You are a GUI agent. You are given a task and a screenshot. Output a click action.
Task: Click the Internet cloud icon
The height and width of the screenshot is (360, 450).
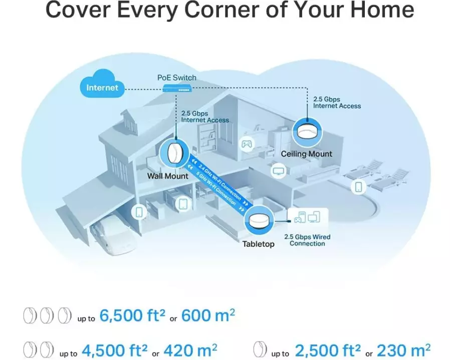click(x=102, y=84)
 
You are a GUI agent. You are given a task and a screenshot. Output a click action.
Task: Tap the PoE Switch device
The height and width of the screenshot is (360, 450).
click(x=177, y=89)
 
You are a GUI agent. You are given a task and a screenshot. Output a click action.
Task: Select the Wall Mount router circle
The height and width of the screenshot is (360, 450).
click(x=174, y=153)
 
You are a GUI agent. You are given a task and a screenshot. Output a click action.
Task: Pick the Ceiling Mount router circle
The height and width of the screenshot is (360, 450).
click(x=307, y=132)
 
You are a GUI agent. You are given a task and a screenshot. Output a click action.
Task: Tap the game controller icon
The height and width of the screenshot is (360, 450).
click(x=247, y=143)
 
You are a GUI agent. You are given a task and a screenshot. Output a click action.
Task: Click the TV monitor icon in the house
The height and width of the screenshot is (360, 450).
click(x=279, y=171)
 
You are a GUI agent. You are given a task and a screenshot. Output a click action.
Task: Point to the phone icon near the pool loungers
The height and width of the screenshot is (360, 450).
click(x=358, y=187)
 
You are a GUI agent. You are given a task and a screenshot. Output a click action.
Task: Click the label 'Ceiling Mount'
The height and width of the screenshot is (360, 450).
click(x=307, y=154)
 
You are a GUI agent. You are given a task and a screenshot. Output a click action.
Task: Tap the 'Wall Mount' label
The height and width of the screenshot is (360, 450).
click(x=167, y=176)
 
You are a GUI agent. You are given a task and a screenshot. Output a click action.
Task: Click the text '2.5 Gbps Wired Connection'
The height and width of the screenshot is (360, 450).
click(x=307, y=240)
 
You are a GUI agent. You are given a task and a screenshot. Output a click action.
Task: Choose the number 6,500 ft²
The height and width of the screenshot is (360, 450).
click(x=132, y=315)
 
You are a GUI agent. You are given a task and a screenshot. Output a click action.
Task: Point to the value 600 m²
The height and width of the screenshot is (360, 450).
click(x=208, y=315)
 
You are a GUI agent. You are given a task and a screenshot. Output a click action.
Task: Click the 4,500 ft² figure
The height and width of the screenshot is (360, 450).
click(x=115, y=350)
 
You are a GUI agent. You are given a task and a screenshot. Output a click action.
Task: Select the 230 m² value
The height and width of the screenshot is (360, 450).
click(x=403, y=350)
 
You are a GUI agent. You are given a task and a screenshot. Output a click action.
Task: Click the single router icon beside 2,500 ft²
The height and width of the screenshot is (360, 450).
click(x=260, y=349)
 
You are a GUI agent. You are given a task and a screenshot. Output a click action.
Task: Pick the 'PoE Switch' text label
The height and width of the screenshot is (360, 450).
click(x=177, y=78)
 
